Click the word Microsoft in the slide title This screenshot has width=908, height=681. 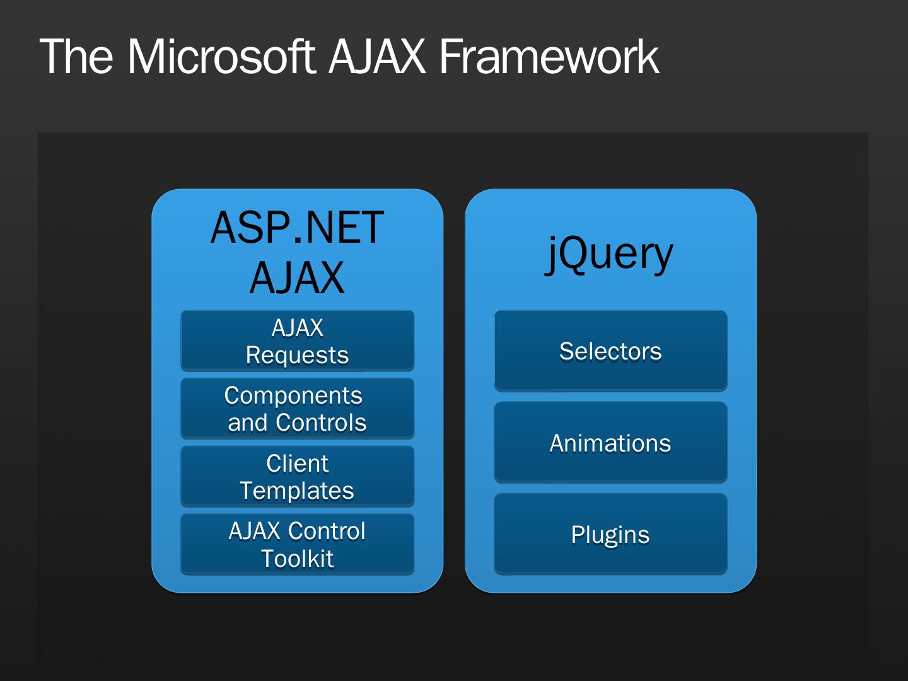click(x=221, y=57)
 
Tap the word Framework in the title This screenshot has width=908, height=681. click(x=549, y=57)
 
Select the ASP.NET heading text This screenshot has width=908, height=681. click(x=297, y=228)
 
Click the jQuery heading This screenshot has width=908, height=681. click(x=610, y=253)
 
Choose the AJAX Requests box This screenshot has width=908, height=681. click(x=297, y=340)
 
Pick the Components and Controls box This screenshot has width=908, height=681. click(x=297, y=409)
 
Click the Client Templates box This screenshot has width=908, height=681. click(x=297, y=477)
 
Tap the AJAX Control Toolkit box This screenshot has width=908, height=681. click(x=297, y=544)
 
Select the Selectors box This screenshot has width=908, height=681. click(x=610, y=351)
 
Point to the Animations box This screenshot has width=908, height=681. click(x=610, y=443)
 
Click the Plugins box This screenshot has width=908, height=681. click(x=610, y=534)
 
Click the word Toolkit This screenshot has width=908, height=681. click(x=297, y=559)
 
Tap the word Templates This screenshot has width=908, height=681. click(x=297, y=491)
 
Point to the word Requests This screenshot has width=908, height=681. click(x=297, y=355)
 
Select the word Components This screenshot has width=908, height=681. click(x=293, y=396)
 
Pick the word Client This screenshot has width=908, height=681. click(x=297, y=463)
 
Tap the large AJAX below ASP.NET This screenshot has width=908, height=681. click(x=297, y=278)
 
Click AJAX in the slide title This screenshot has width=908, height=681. click(x=377, y=57)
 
